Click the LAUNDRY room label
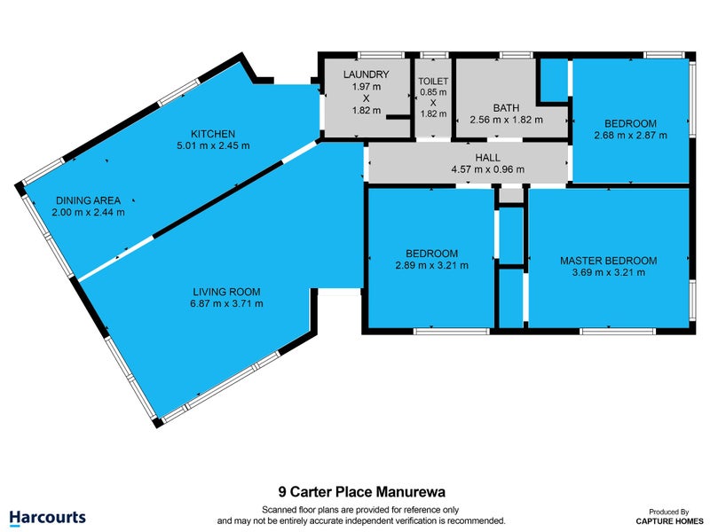[366, 74]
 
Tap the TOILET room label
[434, 81]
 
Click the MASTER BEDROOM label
[608, 261]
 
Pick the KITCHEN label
[217, 133]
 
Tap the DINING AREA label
[88, 199]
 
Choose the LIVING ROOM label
[228, 291]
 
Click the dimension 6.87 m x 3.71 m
[228, 303]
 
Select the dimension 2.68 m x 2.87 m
[630, 136]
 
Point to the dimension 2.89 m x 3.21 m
[430, 265]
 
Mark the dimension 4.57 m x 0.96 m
[488, 169]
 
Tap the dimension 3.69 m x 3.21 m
[608, 273]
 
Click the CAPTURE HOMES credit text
[664, 521]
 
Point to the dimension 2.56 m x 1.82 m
[506, 120]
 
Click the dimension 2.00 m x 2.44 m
[88, 212]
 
